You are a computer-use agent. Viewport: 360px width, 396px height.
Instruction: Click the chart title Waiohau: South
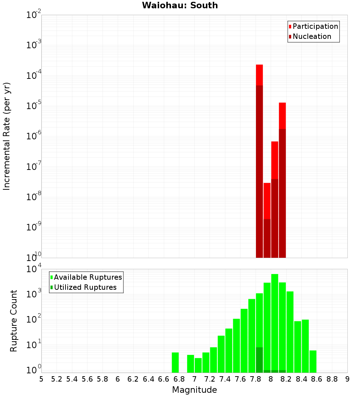180,5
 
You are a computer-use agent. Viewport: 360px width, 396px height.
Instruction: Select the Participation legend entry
315,26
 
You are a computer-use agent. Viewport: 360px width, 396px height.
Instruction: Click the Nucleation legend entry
311,36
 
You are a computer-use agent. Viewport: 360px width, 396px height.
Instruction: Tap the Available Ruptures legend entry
87,277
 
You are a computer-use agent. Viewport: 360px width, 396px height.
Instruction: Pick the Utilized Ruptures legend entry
85,287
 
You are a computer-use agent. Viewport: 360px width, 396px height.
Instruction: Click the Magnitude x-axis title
194,390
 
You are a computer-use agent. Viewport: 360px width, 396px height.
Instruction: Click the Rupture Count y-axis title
14,321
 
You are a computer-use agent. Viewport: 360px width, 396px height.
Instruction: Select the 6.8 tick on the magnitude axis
179,379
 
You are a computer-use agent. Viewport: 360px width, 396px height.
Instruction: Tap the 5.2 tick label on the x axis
57,379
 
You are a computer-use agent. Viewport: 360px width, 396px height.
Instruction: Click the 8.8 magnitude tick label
332,379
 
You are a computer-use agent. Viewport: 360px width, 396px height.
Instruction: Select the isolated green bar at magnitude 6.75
175,363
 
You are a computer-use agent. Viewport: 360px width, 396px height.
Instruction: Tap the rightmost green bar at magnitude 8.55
313,361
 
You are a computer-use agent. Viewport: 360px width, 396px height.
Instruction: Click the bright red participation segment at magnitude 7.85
259,75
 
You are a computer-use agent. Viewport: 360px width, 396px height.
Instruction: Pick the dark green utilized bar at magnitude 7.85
259,360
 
